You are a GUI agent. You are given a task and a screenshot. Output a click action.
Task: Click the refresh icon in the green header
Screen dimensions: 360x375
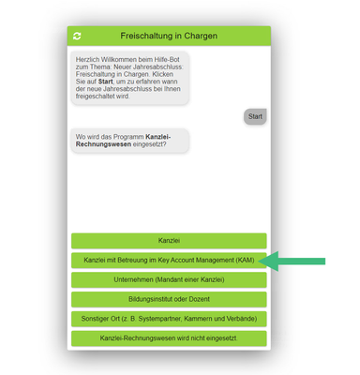(77, 36)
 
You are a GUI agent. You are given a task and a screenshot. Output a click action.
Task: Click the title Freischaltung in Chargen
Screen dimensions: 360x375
(169, 36)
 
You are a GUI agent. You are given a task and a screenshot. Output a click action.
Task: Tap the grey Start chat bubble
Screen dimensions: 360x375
(255, 116)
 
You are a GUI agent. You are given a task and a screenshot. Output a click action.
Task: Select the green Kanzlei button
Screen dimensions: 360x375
(169, 241)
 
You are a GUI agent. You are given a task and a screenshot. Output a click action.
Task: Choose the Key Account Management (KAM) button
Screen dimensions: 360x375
(169, 260)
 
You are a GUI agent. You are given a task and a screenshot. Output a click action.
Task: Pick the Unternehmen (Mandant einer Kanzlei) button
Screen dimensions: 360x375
(169, 279)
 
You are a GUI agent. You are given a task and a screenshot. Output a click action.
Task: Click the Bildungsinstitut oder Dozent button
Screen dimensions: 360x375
(169, 299)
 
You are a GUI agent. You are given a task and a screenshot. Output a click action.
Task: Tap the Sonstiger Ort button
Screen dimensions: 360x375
(169, 319)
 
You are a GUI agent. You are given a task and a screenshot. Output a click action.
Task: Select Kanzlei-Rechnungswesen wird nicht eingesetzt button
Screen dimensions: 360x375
(169, 338)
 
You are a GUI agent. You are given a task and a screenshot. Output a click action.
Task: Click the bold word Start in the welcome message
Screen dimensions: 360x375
(105, 82)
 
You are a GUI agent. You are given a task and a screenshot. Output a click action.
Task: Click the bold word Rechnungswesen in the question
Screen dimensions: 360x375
(103, 144)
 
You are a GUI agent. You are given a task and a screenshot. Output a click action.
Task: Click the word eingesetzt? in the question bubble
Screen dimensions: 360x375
(150, 144)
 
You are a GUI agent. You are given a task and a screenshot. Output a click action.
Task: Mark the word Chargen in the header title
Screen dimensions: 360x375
(201, 36)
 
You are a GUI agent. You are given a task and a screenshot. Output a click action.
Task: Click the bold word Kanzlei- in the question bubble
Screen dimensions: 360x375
(158, 137)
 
